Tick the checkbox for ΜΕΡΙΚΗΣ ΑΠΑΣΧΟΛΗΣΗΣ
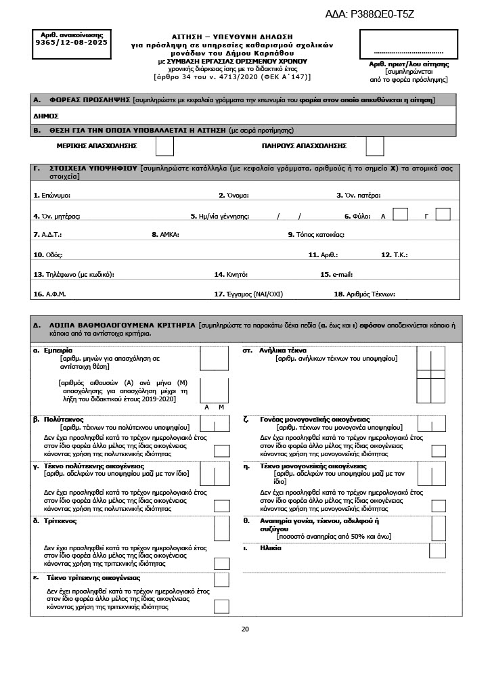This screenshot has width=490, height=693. pos(164,146)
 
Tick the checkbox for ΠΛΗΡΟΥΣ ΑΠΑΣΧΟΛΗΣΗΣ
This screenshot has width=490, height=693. pos(374,146)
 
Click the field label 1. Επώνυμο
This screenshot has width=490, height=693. pos(52,196)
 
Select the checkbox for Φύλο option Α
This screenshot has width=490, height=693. pos(400,215)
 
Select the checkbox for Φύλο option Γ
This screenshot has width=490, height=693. pos(443,215)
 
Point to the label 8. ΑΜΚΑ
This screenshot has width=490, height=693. pos(164,235)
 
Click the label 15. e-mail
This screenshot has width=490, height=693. pos(336,275)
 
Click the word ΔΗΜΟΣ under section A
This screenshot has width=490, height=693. pos(46,116)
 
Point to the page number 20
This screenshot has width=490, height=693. pos(245,629)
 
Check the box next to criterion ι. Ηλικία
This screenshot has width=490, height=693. pos(437,550)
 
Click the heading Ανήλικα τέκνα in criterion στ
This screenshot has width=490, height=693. pos(288,351)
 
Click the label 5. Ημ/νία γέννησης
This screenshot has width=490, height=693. pos(220,216)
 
